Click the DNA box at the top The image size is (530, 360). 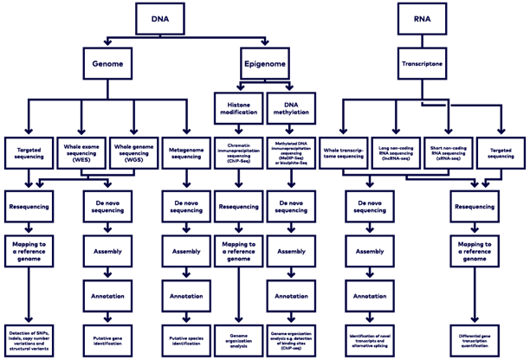coord(160,18)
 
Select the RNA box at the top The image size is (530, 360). coord(423,18)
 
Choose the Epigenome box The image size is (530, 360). coord(265,63)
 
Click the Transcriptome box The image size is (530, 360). coord(423,63)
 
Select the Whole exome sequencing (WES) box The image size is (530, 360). coord(81,153)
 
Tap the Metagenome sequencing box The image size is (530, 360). coord(186,153)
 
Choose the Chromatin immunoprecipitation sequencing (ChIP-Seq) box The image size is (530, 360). coord(238,153)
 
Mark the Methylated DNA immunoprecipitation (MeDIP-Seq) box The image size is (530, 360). coord(292,153)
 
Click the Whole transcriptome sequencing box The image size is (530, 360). coord(344,153)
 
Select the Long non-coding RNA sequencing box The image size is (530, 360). coord(397,153)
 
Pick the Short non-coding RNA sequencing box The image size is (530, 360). coord(449,153)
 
